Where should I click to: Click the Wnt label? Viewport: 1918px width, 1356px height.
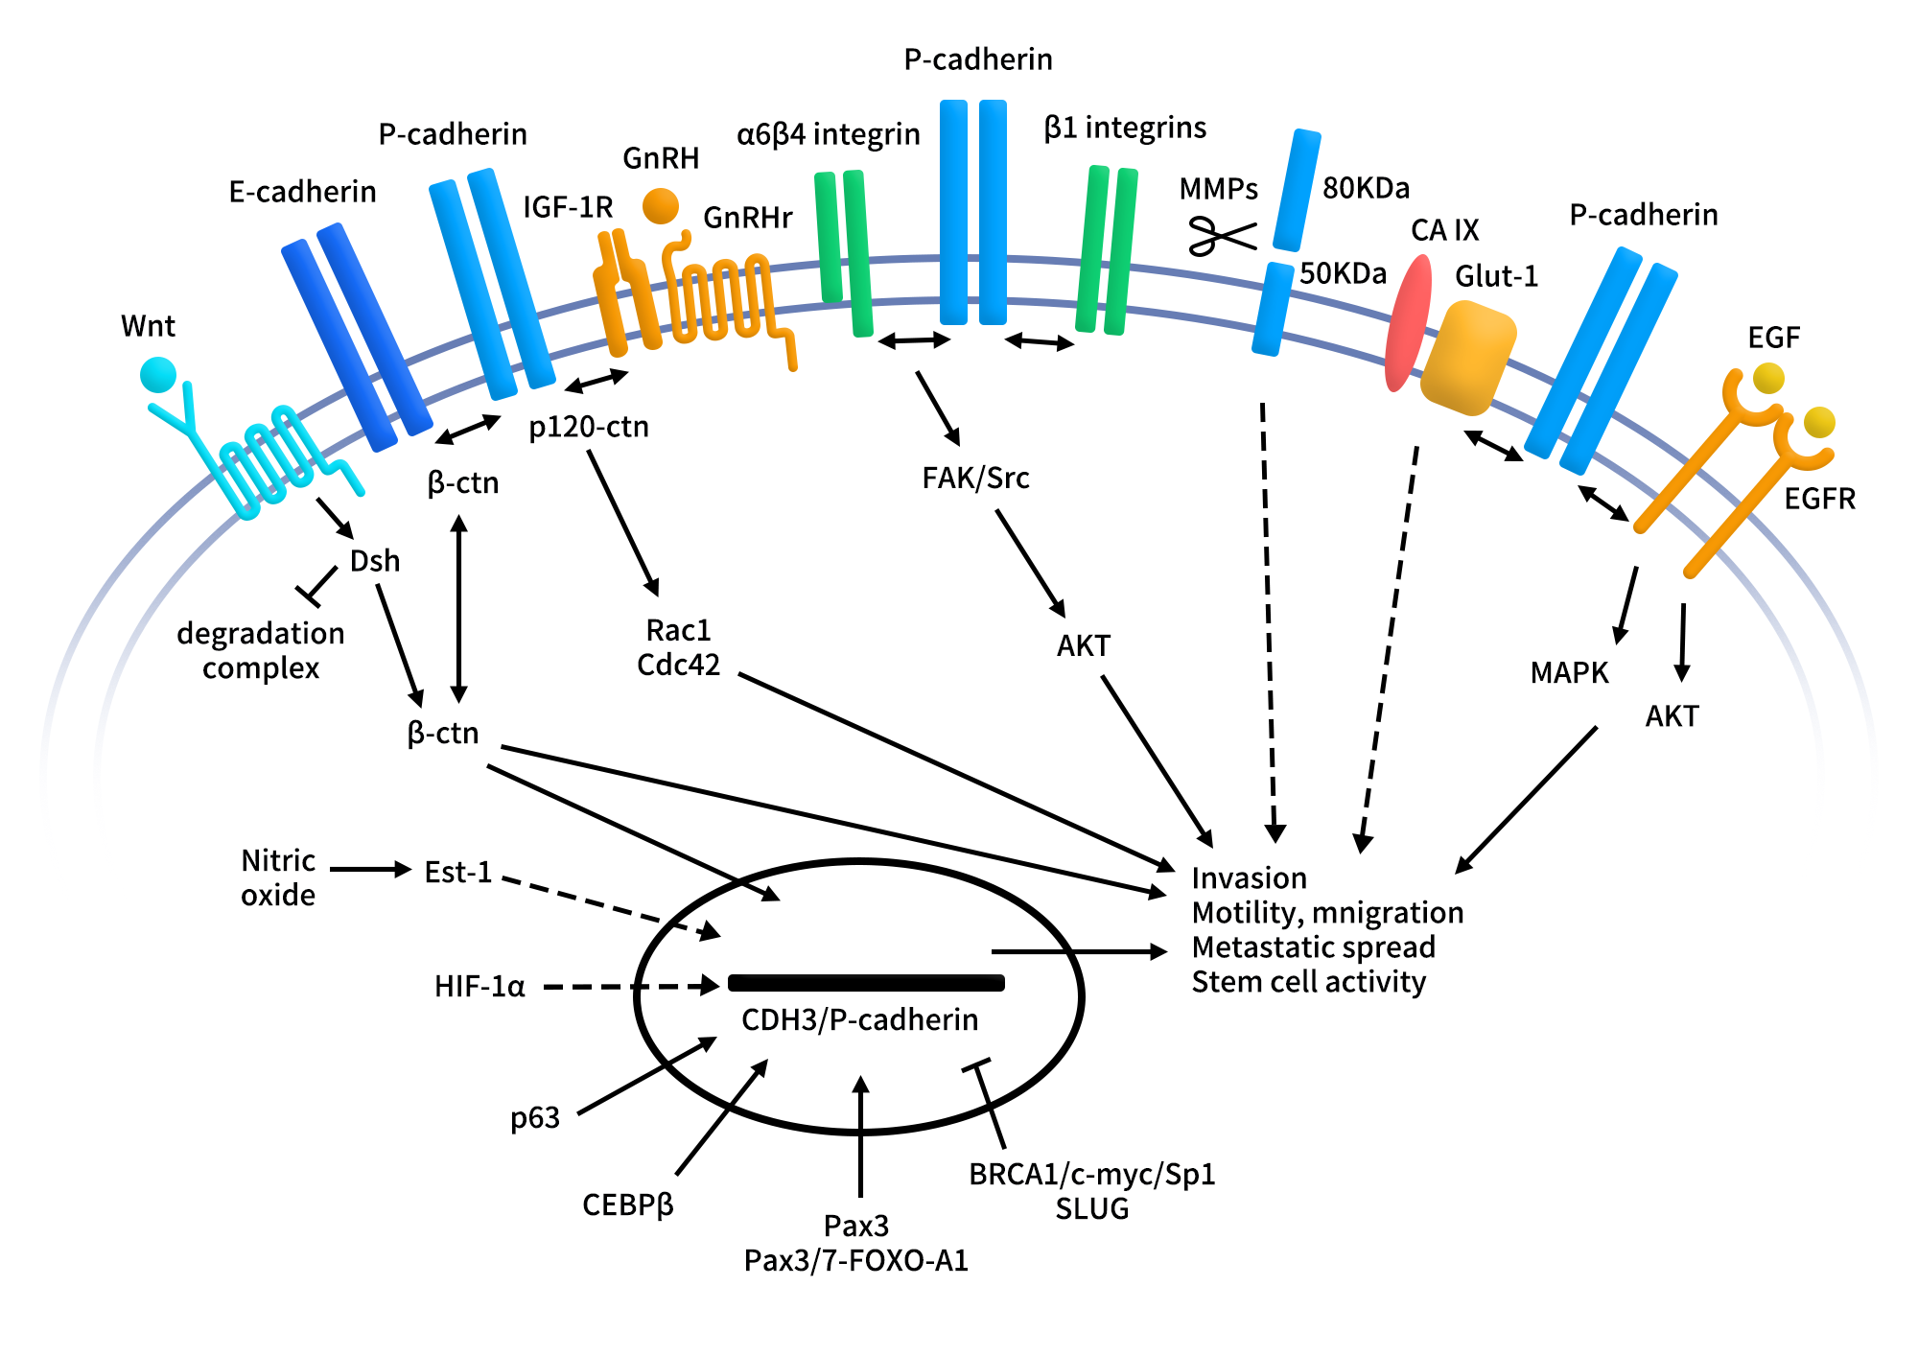coord(148,326)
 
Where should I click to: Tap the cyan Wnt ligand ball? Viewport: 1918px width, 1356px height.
coord(158,375)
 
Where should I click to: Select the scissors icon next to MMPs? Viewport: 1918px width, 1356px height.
coord(1221,235)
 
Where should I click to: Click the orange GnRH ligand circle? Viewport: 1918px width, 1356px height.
coord(661,205)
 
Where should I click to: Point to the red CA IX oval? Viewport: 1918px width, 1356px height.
coord(1408,323)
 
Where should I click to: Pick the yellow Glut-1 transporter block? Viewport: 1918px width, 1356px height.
coord(1467,358)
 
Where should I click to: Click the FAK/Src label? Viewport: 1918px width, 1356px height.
coord(975,478)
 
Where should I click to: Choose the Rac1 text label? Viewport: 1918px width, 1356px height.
coord(678,630)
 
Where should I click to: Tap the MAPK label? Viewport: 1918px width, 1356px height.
coord(1569,672)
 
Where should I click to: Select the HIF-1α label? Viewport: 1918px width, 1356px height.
coord(479,986)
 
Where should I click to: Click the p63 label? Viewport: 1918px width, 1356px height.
coord(534,1117)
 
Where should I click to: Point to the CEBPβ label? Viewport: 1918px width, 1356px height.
coord(627,1204)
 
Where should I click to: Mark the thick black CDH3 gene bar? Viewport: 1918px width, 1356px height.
coord(866,982)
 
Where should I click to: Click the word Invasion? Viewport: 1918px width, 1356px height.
coord(1249,877)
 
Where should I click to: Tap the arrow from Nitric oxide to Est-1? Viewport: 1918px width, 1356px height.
coord(370,870)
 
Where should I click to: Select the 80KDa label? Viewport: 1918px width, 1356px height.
coord(1366,188)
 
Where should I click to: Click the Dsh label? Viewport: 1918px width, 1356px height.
coord(374,560)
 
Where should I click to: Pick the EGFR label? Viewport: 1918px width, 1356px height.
coord(1819,499)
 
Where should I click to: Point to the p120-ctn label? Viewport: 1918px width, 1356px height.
coord(589,427)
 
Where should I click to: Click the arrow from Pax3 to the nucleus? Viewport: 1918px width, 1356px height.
coord(860,1136)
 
